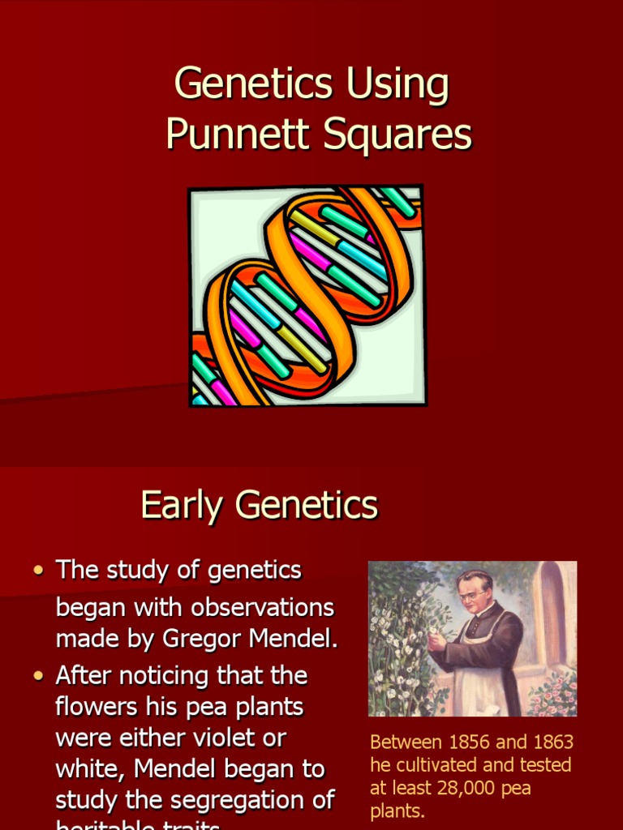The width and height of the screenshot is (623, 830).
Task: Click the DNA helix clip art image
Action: pos(307,296)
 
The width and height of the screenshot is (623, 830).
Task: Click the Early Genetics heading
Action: pos(259,505)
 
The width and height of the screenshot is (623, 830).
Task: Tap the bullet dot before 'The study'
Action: pos(38,571)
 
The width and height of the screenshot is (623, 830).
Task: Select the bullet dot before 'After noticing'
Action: pos(38,675)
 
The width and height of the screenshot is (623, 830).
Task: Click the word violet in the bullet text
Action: pos(241,738)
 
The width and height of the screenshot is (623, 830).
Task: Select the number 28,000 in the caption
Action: pos(466,788)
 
